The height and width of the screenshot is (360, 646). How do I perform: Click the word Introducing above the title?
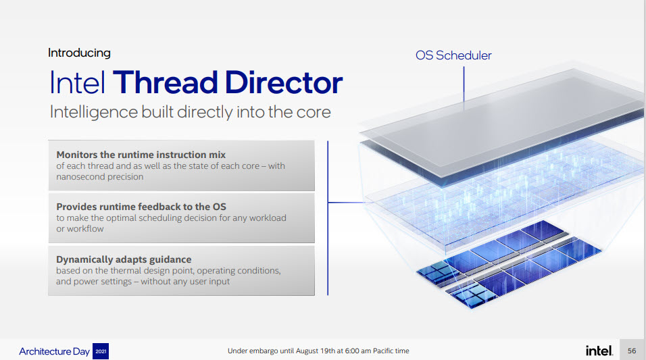click(79, 53)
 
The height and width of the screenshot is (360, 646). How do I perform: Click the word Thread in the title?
click(165, 82)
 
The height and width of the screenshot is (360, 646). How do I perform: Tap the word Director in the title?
click(284, 82)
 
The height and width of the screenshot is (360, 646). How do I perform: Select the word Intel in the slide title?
click(78, 82)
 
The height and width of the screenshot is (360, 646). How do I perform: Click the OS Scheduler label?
click(453, 55)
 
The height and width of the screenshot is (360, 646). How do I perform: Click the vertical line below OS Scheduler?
click(464, 84)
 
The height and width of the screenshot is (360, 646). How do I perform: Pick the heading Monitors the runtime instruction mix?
click(141, 155)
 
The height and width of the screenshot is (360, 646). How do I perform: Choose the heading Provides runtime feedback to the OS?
click(141, 207)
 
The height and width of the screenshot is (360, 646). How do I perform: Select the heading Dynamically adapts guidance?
click(124, 259)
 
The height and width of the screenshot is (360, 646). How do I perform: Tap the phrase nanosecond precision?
click(100, 177)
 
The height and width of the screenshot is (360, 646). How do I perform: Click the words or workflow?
click(80, 228)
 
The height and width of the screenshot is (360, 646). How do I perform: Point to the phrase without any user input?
click(185, 282)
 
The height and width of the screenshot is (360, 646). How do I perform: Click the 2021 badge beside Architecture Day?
click(101, 351)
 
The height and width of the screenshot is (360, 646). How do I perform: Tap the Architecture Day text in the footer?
click(54, 351)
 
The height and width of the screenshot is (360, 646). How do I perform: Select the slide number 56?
click(632, 351)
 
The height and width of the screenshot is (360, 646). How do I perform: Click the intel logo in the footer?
click(599, 351)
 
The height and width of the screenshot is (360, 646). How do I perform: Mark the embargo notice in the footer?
click(318, 351)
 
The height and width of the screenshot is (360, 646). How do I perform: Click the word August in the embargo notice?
click(307, 351)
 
